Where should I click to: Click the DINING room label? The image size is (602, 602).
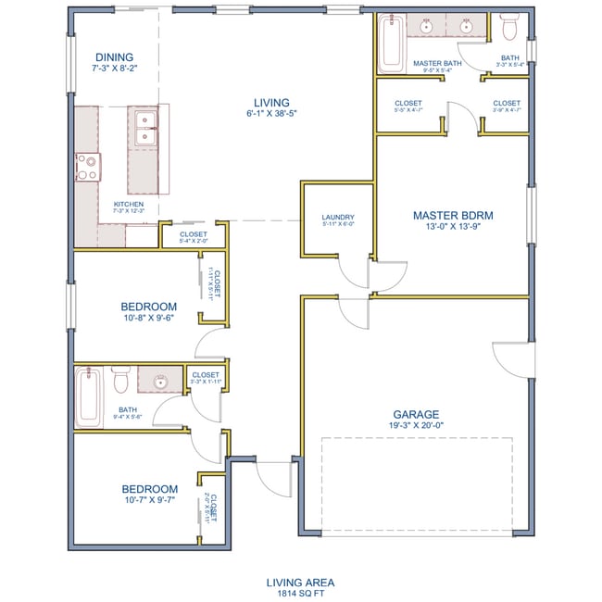click(x=112, y=56)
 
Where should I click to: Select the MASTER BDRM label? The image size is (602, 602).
click(x=452, y=216)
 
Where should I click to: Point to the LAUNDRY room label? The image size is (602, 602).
click(x=338, y=219)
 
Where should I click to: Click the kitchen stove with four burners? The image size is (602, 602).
click(x=88, y=168)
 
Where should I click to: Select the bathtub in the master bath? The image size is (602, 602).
click(x=388, y=44)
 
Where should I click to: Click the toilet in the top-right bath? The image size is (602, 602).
click(x=508, y=30)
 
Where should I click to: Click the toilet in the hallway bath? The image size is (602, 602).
click(x=120, y=380)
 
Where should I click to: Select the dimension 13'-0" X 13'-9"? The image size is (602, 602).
click(x=452, y=228)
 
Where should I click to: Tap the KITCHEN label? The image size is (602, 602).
click(x=128, y=204)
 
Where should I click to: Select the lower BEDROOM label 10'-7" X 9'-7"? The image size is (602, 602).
click(x=149, y=489)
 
